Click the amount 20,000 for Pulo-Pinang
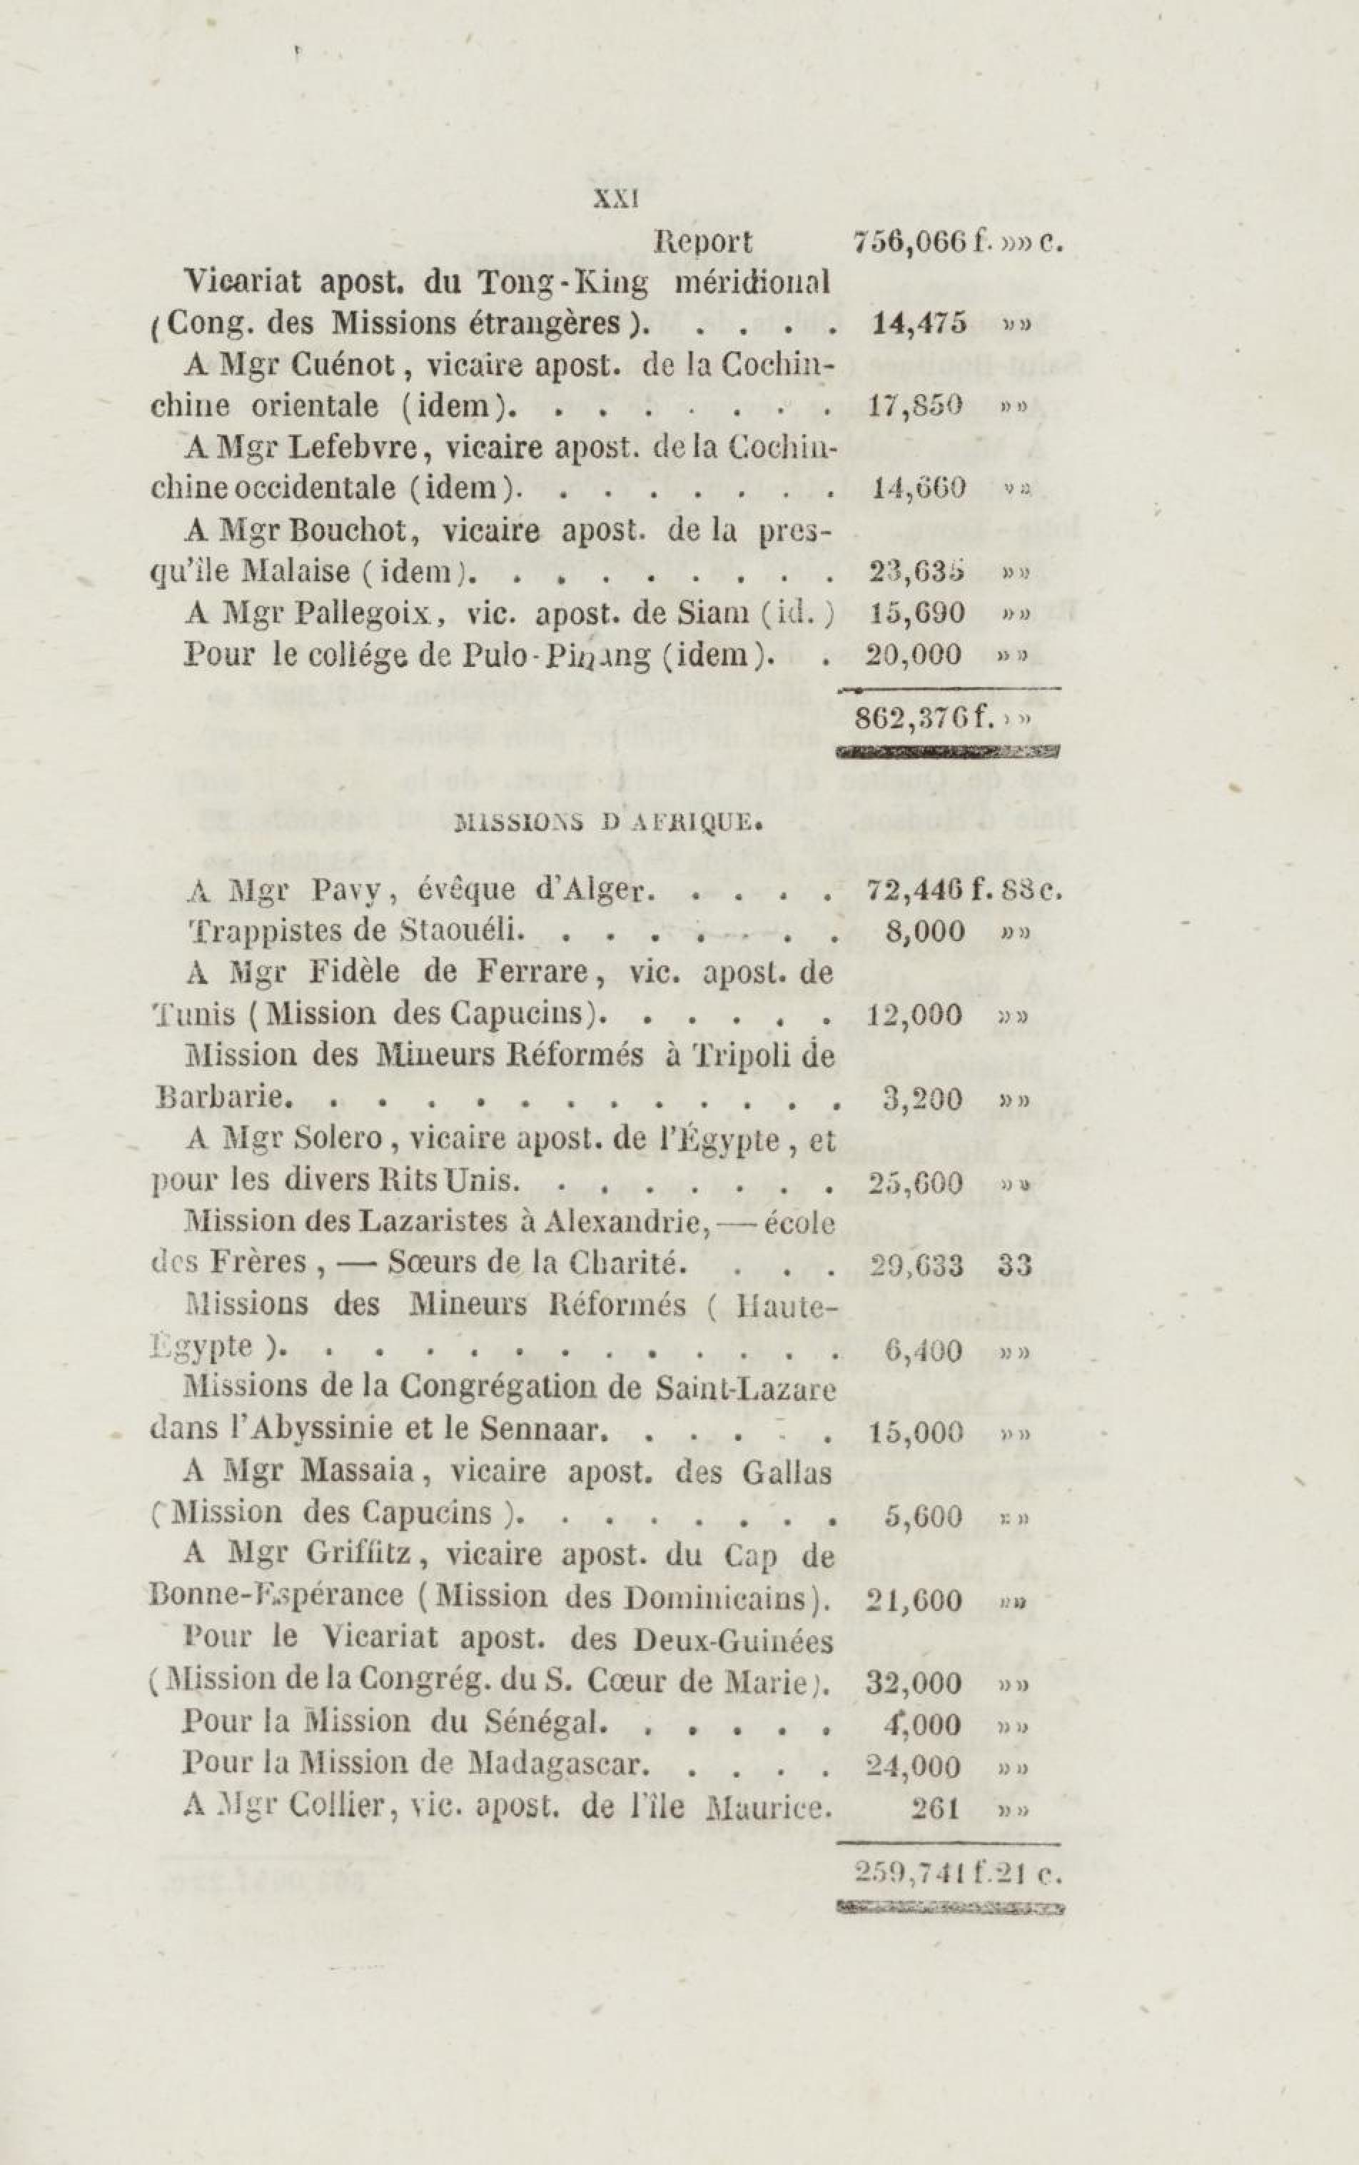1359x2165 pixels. click(914, 655)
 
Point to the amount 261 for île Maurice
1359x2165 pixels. click(936, 1807)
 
